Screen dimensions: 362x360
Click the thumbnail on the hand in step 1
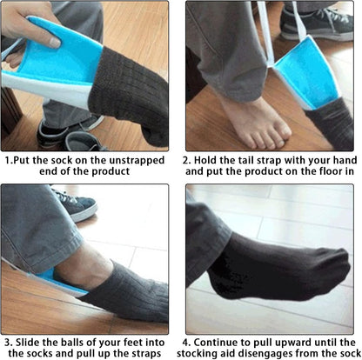click(55, 42)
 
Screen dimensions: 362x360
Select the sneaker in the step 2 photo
click(317, 24)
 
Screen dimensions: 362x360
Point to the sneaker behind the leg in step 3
click(77, 204)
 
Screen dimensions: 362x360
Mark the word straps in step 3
click(147, 354)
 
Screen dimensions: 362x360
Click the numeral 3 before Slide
click(8, 343)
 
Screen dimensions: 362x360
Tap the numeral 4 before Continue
click(186, 343)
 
